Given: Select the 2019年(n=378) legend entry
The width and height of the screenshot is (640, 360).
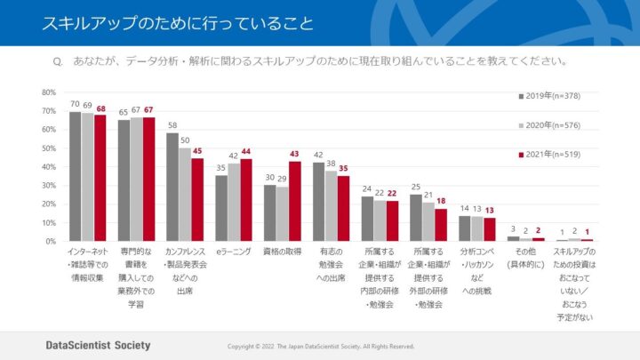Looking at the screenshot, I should point(551,95).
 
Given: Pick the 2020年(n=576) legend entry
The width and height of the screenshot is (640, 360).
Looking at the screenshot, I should point(551,124).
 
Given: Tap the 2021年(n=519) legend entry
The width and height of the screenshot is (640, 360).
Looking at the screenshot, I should point(551,155).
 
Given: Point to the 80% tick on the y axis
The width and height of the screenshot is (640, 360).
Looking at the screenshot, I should point(49,92).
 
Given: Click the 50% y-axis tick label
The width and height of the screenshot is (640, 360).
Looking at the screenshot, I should point(49,148).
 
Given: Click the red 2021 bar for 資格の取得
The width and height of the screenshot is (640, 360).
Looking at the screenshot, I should point(295,201).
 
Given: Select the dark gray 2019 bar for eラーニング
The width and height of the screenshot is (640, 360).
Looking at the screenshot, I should point(221,208).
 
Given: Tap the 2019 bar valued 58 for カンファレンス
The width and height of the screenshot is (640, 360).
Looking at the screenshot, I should point(172,187).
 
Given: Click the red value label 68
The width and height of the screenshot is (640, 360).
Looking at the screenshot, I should point(100,108).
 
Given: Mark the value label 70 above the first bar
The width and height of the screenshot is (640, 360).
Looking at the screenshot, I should point(76,105).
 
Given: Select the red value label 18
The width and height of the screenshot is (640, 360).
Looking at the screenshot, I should point(441,202).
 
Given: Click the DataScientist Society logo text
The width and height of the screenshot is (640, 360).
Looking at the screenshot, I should point(99,345).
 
